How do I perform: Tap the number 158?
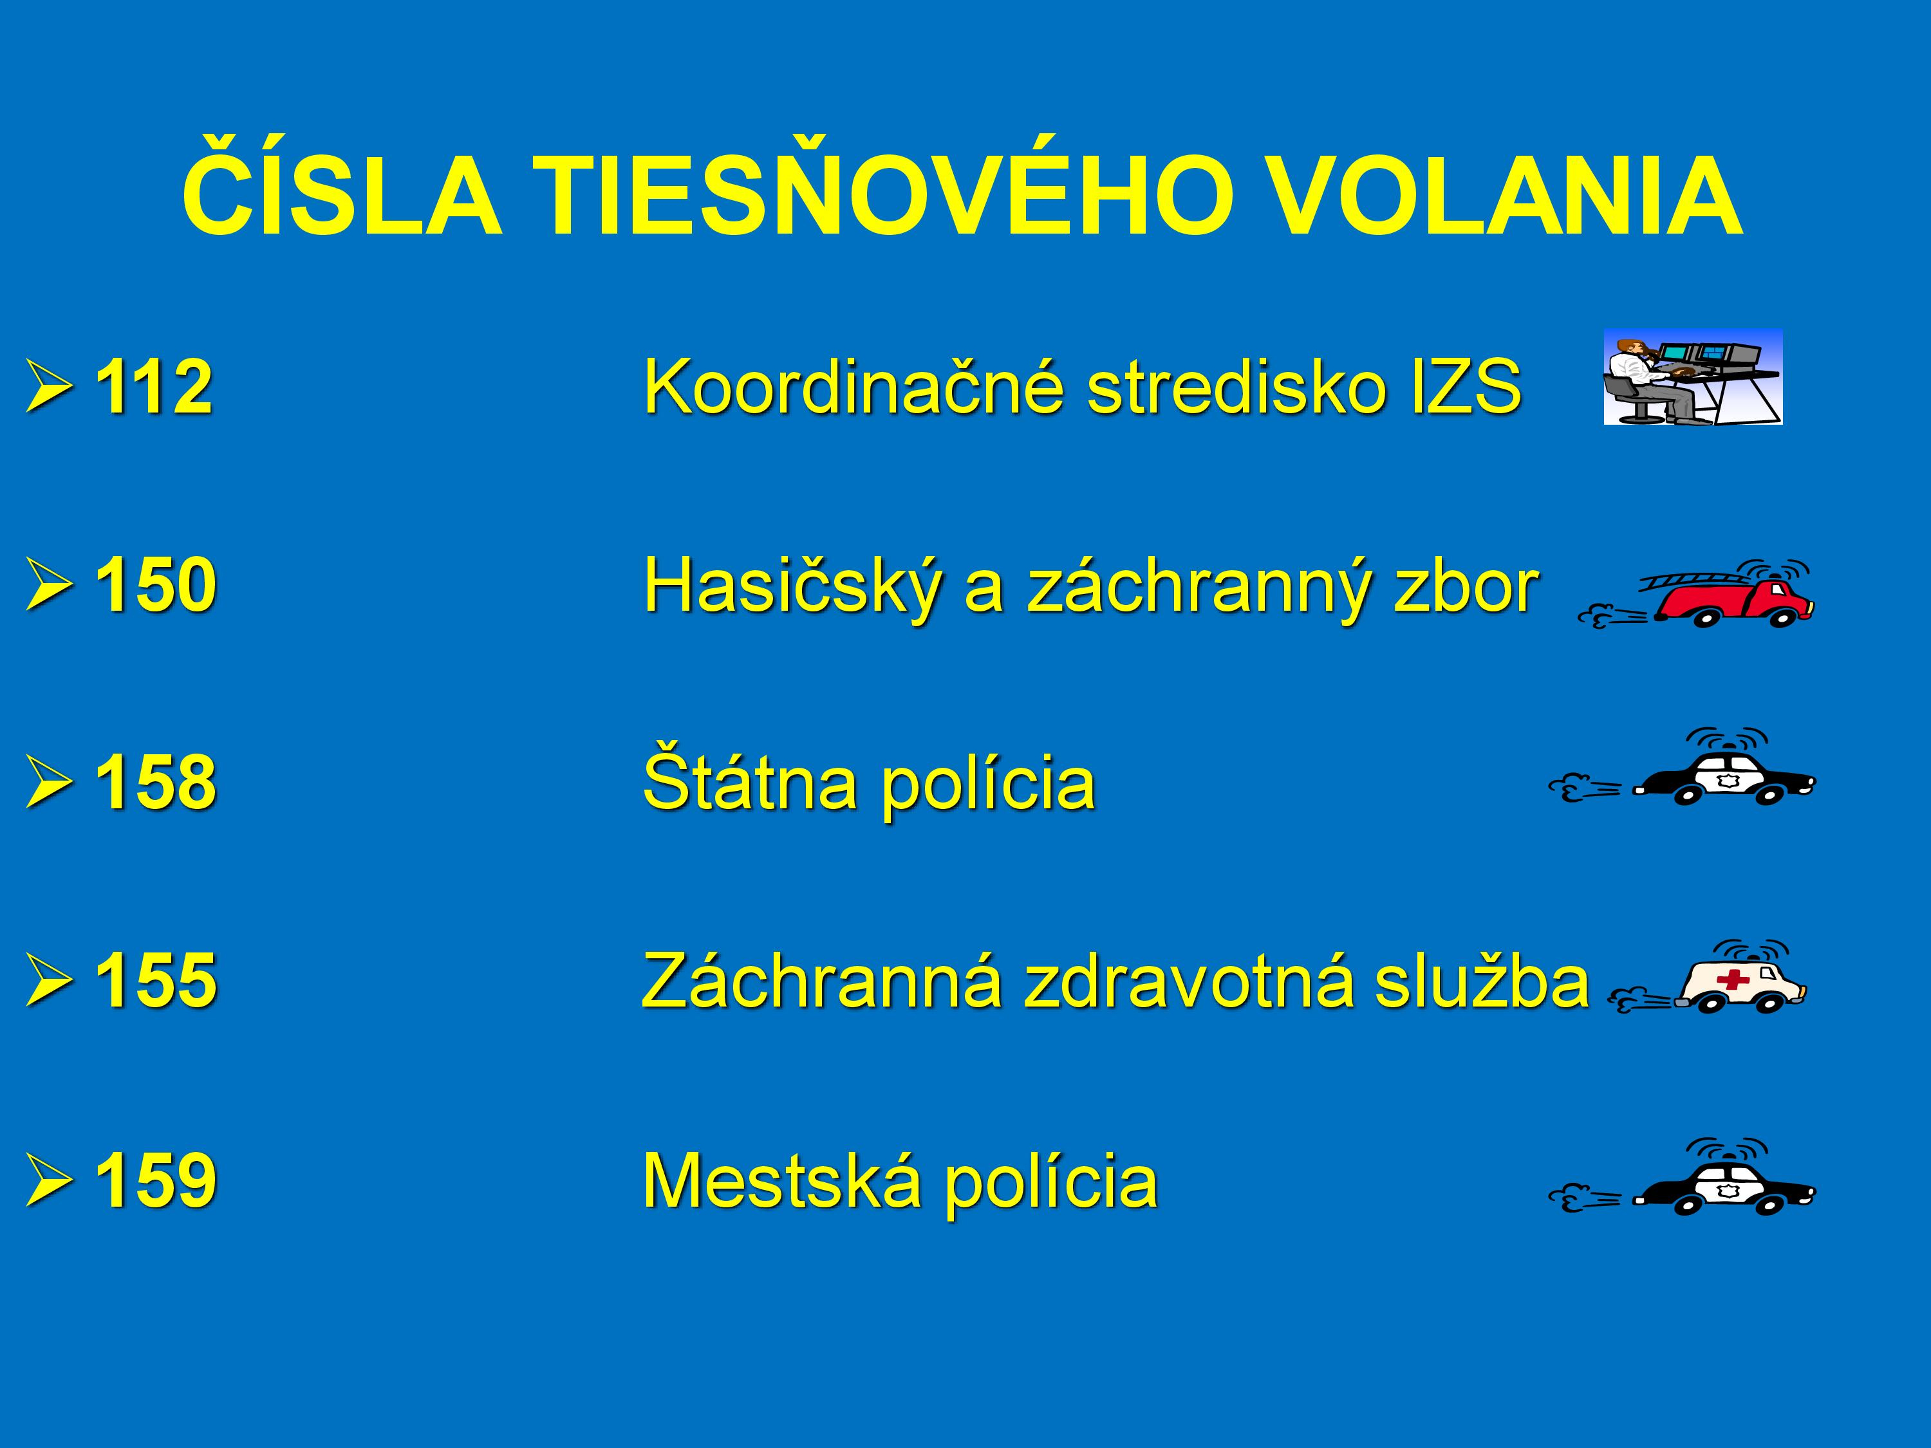pos(155,781)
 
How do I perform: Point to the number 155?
pos(155,979)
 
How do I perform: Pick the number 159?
pos(155,1178)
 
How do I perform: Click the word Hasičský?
pos(792,585)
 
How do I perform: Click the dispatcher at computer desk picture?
pos(1693,377)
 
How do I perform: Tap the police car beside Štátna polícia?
pos(1681,766)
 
